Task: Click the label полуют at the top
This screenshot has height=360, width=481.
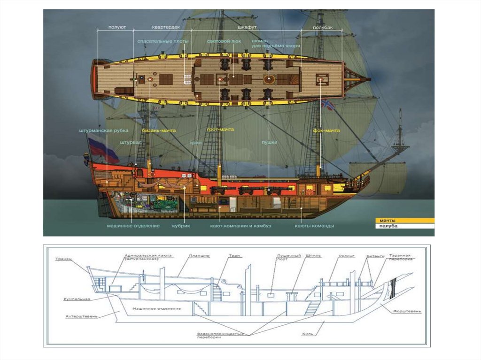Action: click(x=116, y=28)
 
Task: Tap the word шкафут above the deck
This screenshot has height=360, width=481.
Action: click(x=247, y=28)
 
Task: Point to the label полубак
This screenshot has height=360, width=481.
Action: click(x=323, y=28)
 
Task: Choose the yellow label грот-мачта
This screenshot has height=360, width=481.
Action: click(x=220, y=129)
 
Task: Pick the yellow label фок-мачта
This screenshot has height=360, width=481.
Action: click(x=326, y=130)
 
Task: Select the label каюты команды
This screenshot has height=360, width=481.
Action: click(x=314, y=226)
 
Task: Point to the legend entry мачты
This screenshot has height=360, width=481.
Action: click(x=388, y=220)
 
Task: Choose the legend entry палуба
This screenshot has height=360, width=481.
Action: click(x=388, y=226)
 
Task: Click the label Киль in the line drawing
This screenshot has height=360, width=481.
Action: click(x=307, y=335)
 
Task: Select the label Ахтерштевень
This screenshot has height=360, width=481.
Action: click(x=81, y=317)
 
